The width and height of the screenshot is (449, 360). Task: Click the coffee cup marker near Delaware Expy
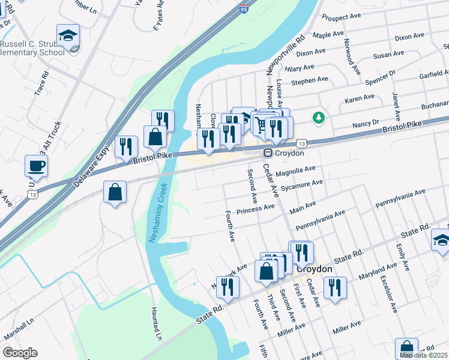36,166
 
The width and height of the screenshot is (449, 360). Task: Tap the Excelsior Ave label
391,295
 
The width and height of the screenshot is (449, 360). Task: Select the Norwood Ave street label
352,56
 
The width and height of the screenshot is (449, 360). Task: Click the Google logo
20,353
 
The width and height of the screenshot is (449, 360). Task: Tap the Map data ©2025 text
423,355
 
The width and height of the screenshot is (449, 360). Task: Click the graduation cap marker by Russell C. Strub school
68,35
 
